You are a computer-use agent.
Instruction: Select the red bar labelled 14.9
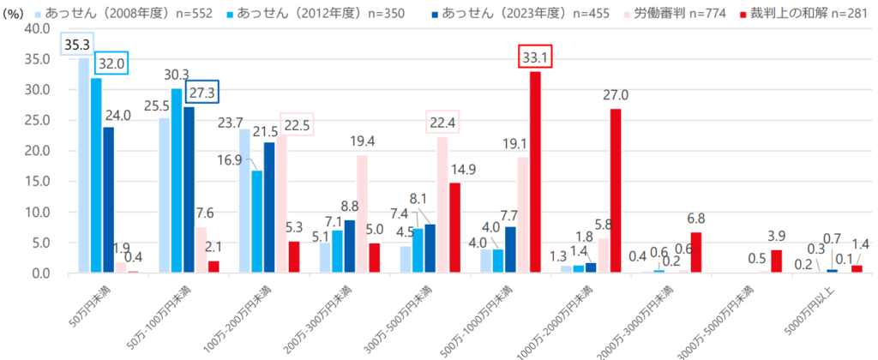point(454,227)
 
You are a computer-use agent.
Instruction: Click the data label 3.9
point(776,237)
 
